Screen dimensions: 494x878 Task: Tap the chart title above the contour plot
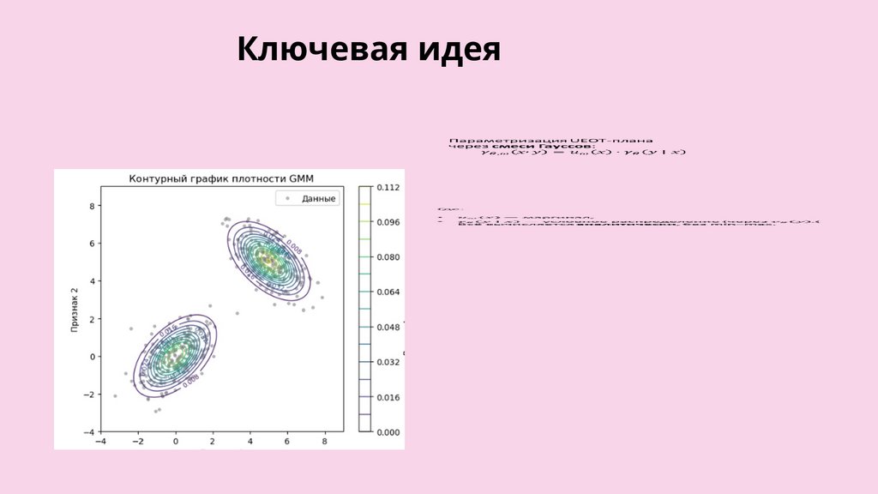pos(222,178)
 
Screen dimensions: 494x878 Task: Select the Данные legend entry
pos(318,198)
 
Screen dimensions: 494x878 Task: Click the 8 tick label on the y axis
pos(92,206)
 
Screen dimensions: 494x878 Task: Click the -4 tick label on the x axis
pos(101,441)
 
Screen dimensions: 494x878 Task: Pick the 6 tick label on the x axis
pos(287,441)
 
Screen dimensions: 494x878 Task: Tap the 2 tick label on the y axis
pos(92,319)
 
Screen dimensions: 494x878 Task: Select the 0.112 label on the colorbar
pos(388,187)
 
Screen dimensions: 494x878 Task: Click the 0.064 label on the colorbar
pos(388,292)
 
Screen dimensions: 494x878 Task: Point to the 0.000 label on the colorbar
pos(388,433)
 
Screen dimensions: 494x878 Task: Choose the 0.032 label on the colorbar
pos(388,363)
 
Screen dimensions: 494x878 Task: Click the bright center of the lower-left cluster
pos(175,352)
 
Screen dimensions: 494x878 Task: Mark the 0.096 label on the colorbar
pos(388,222)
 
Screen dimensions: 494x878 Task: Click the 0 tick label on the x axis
pos(176,441)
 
